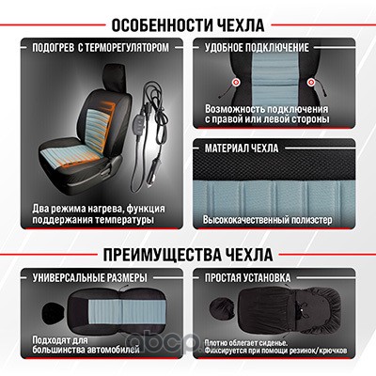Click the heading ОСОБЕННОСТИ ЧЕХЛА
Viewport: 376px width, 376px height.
188,25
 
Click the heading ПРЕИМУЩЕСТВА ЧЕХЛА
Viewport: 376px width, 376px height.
188,255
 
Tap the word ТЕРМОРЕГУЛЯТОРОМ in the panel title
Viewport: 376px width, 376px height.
127,48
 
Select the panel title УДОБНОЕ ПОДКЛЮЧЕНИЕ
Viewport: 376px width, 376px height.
257,48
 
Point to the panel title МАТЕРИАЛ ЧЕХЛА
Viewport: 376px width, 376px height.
242,149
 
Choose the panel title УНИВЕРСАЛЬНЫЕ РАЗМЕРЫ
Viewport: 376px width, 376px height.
90,277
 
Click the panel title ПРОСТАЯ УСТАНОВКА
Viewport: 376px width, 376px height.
248,277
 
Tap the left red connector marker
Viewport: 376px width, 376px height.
236,83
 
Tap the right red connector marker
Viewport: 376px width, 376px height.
311,83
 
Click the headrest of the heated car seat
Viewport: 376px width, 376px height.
114,76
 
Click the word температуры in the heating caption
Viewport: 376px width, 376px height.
124,220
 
